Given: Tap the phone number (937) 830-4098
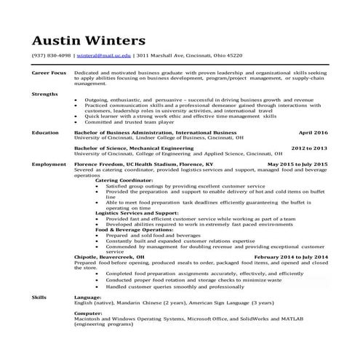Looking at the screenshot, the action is click(50, 55).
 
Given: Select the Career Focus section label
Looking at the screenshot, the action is click(49, 73).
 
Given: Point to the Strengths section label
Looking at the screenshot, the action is click(44, 94).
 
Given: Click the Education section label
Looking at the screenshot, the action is click(45, 133).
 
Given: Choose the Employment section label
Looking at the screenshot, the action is click(47, 165).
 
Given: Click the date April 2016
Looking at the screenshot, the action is click(313, 133).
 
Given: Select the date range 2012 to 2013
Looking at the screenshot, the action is click(309, 148).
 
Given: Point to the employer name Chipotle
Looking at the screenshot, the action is click(89, 257).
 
